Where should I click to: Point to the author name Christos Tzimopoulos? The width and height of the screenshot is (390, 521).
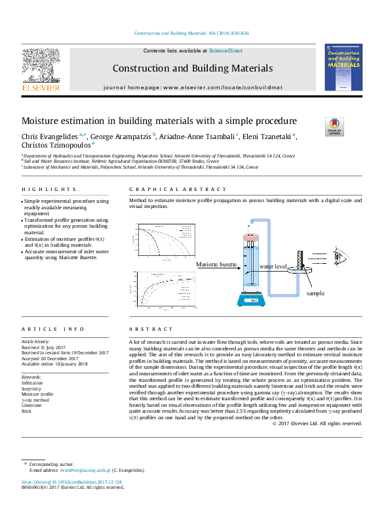click(56, 146)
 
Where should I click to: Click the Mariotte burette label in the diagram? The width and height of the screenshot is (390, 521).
click(216, 264)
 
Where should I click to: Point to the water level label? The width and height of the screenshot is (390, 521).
click(273, 267)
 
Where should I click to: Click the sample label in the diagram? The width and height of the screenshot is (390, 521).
click(316, 293)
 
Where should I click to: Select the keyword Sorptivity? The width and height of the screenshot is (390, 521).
click(32, 389)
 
